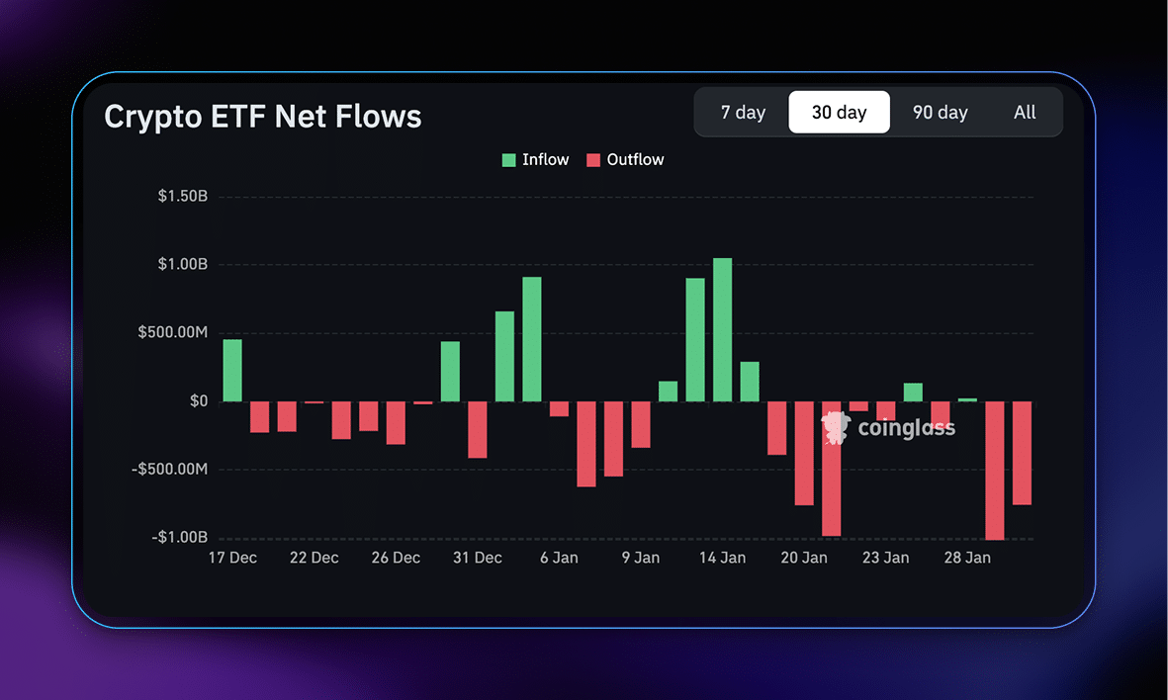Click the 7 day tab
[x=743, y=113]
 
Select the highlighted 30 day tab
[x=839, y=113]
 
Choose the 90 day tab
[x=940, y=113]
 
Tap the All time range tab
[x=1025, y=113]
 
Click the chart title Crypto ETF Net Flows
[x=263, y=117]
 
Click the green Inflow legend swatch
[x=509, y=160]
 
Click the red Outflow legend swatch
[x=593, y=160]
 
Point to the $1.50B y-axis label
[x=182, y=197]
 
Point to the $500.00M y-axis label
[x=173, y=333]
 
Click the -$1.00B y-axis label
[x=179, y=538]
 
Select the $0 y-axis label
[x=199, y=401]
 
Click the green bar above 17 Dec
[x=232, y=371]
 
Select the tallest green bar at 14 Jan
[x=723, y=330]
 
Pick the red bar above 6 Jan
[x=560, y=409]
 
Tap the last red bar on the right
[x=1022, y=453]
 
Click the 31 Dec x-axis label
[x=478, y=559]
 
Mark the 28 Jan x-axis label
[x=967, y=559]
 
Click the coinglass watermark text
[x=906, y=428]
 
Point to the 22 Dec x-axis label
[x=314, y=559]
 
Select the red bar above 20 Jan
[x=804, y=453]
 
